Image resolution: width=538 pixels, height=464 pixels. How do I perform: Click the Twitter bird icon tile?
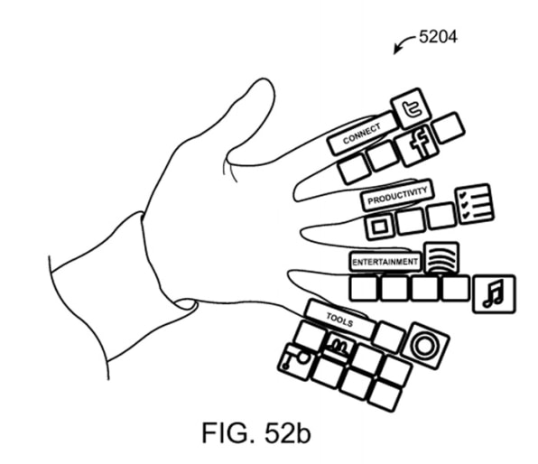[411, 108]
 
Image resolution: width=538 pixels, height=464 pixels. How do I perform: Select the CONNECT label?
[362, 134]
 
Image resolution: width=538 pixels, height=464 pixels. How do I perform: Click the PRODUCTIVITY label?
[397, 195]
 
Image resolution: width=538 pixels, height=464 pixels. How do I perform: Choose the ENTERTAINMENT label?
[385, 262]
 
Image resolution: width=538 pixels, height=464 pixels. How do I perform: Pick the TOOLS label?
[339, 320]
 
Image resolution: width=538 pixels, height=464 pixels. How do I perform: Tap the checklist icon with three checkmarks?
[475, 204]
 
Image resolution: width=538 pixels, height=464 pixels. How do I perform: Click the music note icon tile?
[494, 293]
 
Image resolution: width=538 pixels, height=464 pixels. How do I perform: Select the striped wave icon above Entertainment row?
[441, 258]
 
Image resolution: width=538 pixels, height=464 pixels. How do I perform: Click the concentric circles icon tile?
[425, 345]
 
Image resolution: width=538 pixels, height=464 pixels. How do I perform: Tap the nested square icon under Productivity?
[379, 227]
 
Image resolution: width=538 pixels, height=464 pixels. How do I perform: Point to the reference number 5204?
[438, 37]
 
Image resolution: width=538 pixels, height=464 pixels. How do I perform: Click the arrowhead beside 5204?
[396, 51]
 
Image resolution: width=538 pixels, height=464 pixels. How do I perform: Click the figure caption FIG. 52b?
[256, 433]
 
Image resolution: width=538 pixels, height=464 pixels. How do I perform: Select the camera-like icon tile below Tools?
[296, 362]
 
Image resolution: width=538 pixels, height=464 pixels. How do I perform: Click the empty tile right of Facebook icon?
[449, 127]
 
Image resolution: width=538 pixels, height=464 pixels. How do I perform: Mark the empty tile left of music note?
[455, 288]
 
